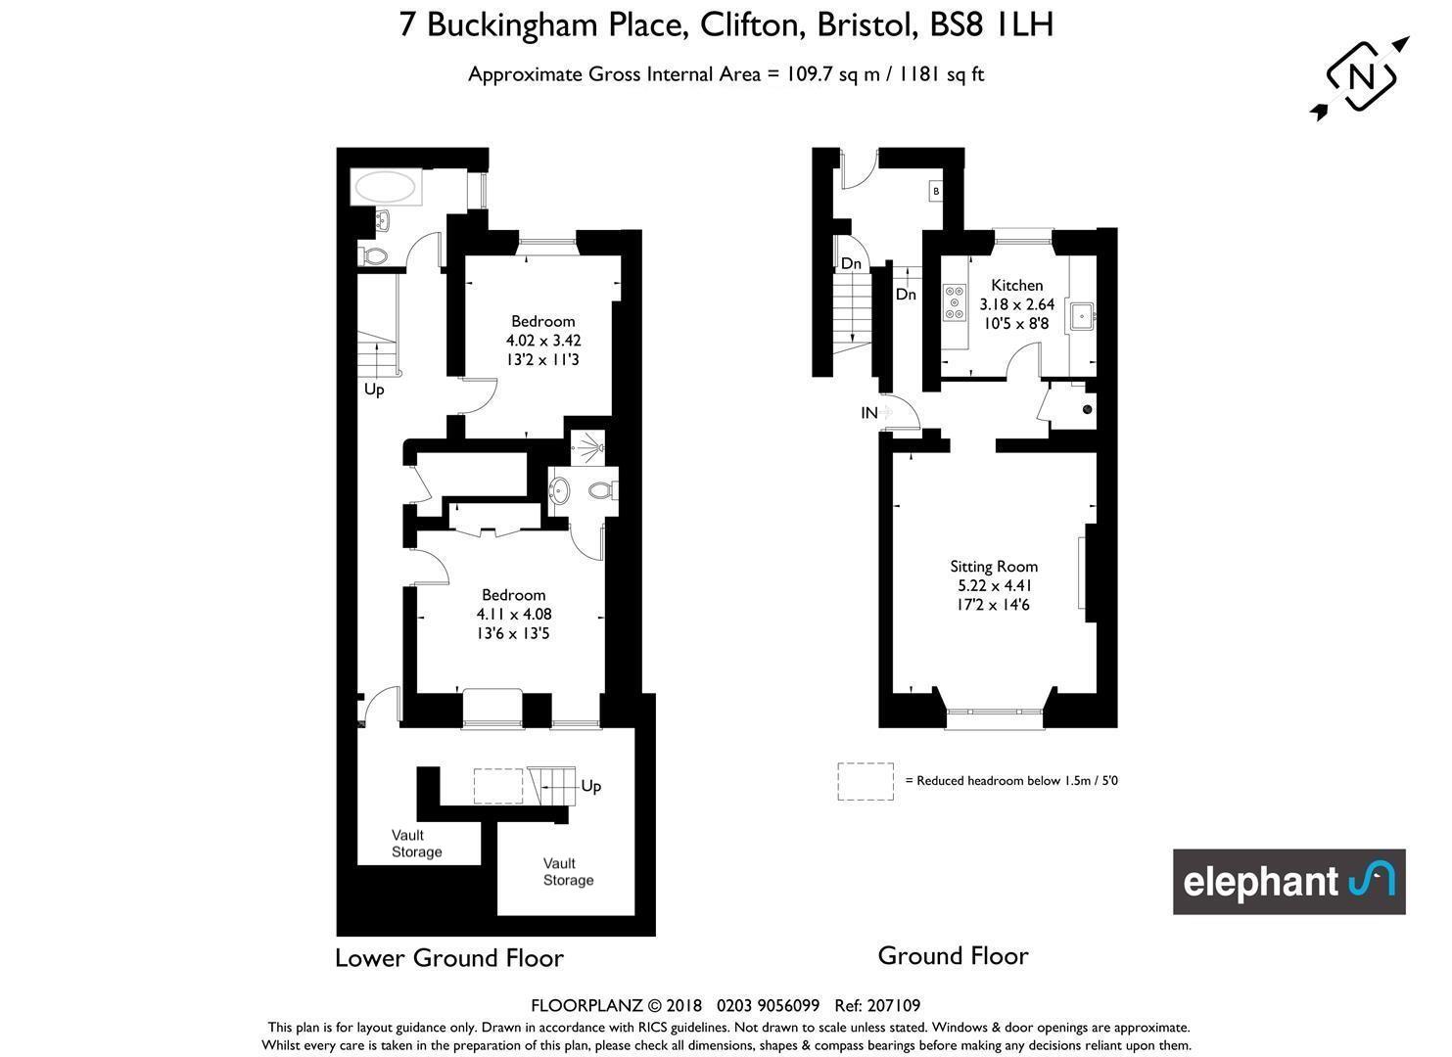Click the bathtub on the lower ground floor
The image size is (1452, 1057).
point(386,188)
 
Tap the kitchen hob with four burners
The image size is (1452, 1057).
point(955,302)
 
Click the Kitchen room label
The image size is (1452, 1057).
point(1017,285)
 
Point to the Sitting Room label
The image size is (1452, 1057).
point(994,567)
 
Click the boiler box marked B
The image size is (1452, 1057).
point(935,191)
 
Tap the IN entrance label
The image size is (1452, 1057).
point(869,412)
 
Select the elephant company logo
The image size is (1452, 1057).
point(1289,882)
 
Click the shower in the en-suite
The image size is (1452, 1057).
point(588,447)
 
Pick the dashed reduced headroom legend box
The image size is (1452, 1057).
point(866,781)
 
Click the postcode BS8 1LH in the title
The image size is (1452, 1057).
point(991,25)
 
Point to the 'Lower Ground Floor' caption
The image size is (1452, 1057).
point(449,958)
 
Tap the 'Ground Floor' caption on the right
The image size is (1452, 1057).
point(953,956)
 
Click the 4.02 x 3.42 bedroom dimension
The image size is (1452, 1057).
point(543,341)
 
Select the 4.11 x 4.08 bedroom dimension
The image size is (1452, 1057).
point(514,614)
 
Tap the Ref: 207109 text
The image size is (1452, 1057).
point(877,1006)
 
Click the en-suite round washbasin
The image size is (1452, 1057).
point(559,490)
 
